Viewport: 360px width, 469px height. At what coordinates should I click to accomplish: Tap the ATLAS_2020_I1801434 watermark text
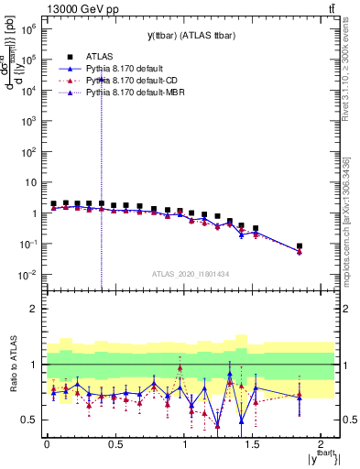click(x=191, y=273)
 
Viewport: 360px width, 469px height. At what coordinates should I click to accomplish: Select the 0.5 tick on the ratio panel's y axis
click(x=31, y=420)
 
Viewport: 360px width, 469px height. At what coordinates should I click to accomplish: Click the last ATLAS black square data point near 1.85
click(x=300, y=246)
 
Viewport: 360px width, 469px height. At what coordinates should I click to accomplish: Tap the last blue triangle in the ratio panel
click(x=300, y=395)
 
